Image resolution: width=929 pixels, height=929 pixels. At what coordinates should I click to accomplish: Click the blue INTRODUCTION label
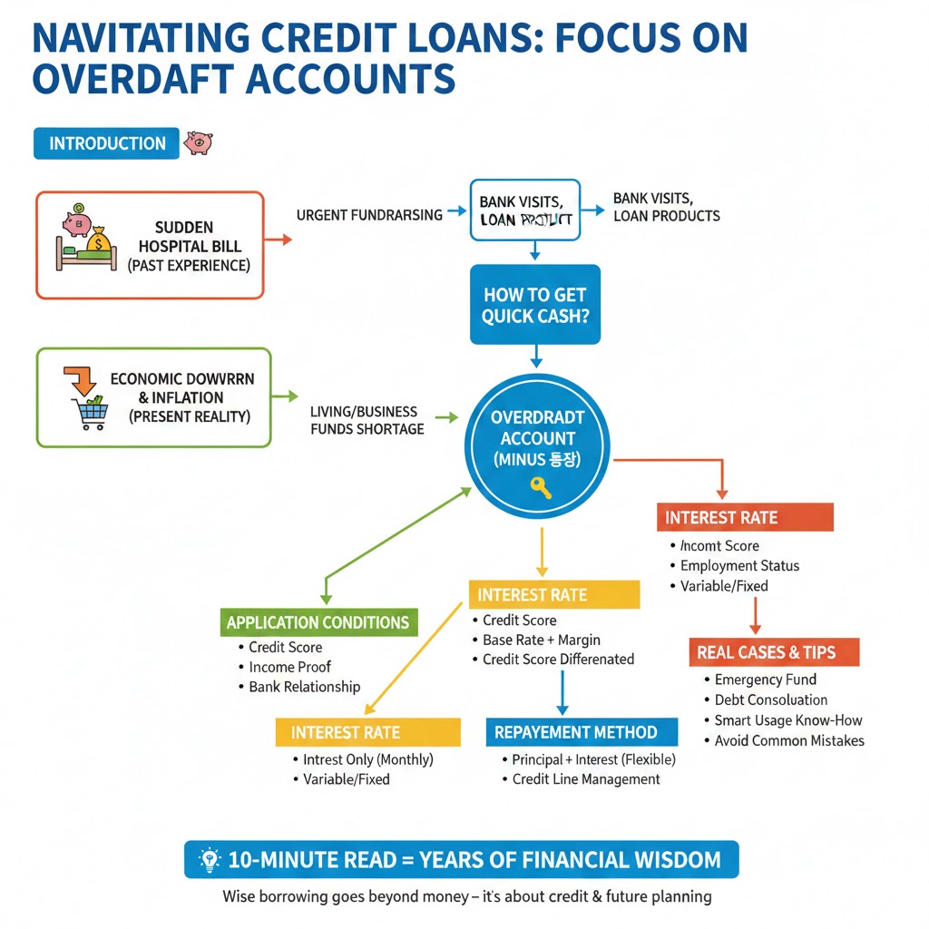pyautogui.click(x=107, y=143)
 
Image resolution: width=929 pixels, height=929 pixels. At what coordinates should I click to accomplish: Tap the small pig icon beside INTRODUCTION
pyautogui.click(x=198, y=142)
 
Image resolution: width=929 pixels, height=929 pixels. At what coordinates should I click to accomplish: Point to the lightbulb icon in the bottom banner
pyautogui.click(x=210, y=859)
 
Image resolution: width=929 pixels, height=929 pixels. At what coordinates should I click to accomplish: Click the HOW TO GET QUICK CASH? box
pyautogui.click(x=534, y=305)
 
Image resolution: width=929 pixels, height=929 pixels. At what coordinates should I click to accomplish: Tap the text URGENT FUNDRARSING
pyautogui.click(x=369, y=215)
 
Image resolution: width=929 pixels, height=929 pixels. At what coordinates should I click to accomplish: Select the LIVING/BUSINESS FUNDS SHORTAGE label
pyautogui.click(x=367, y=420)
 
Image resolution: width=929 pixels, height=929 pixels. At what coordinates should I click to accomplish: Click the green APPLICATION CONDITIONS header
pyautogui.click(x=318, y=622)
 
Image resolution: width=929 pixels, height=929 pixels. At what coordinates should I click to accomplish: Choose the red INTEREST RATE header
pyautogui.click(x=721, y=517)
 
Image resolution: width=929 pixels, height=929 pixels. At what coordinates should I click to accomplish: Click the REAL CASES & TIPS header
pyautogui.click(x=767, y=652)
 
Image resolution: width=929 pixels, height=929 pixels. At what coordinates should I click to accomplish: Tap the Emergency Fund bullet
pyautogui.click(x=765, y=680)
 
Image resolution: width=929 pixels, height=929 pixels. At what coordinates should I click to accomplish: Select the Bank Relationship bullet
pyautogui.click(x=304, y=687)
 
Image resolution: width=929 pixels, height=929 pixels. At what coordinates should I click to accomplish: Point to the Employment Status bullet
pyautogui.click(x=739, y=565)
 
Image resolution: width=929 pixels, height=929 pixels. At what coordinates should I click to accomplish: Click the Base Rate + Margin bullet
pyautogui.click(x=541, y=640)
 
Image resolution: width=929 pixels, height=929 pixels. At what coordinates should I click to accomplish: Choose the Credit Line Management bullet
pyautogui.click(x=585, y=779)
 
